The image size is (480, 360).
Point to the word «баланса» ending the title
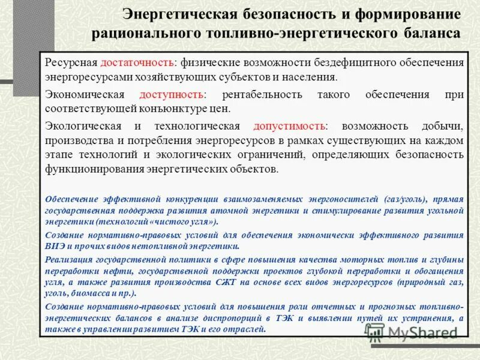pos(431,32)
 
